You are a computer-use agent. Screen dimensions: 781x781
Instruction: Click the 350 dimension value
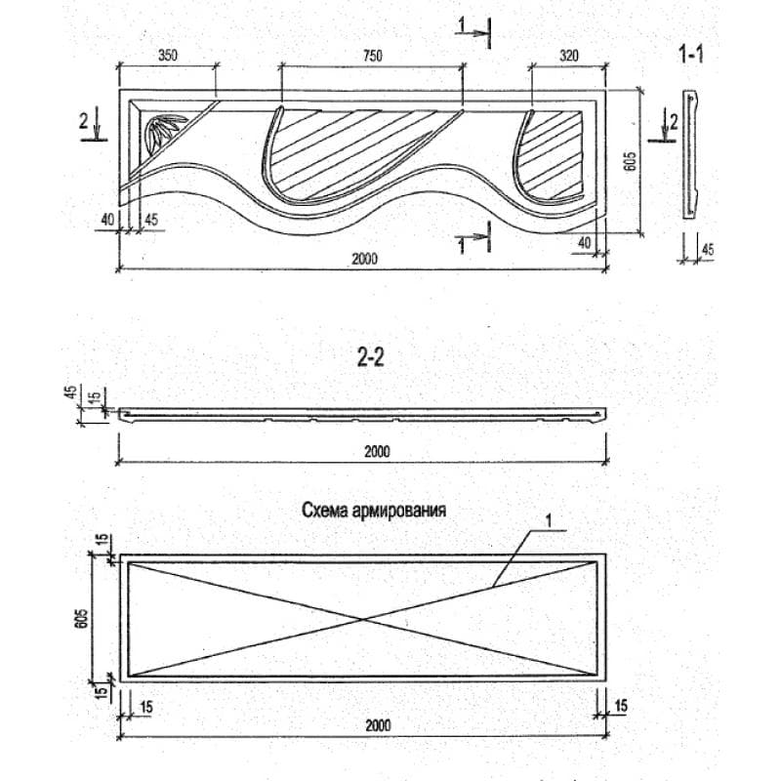click(x=168, y=56)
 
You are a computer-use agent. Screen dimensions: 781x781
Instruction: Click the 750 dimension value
click(x=373, y=56)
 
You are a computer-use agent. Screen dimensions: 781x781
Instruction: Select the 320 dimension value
click(x=569, y=56)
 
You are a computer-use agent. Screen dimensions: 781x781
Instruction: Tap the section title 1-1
click(x=691, y=55)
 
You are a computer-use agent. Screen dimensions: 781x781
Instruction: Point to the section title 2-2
click(x=371, y=357)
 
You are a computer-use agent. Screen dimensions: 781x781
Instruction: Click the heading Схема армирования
click(x=374, y=511)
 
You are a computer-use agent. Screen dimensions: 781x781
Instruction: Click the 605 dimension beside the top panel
click(x=630, y=161)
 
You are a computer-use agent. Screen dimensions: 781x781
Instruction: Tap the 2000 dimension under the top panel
click(x=365, y=259)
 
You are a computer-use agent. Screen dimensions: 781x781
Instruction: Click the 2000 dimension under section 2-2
click(x=377, y=452)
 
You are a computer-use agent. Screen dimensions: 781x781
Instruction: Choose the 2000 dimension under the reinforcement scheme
click(x=378, y=725)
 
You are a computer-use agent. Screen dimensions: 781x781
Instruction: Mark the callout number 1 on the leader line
click(x=549, y=521)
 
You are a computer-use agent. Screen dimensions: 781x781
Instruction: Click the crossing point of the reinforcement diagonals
click(x=363, y=619)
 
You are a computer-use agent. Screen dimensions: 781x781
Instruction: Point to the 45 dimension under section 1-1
click(x=707, y=250)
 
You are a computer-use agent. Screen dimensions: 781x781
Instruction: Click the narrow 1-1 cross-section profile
click(x=689, y=154)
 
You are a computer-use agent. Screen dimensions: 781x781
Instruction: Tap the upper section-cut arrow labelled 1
click(x=473, y=33)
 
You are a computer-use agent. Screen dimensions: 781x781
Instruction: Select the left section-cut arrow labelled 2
click(x=93, y=128)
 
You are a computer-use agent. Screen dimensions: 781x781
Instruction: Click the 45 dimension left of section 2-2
click(x=71, y=392)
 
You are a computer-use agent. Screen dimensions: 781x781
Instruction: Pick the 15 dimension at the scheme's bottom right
click(x=621, y=706)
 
